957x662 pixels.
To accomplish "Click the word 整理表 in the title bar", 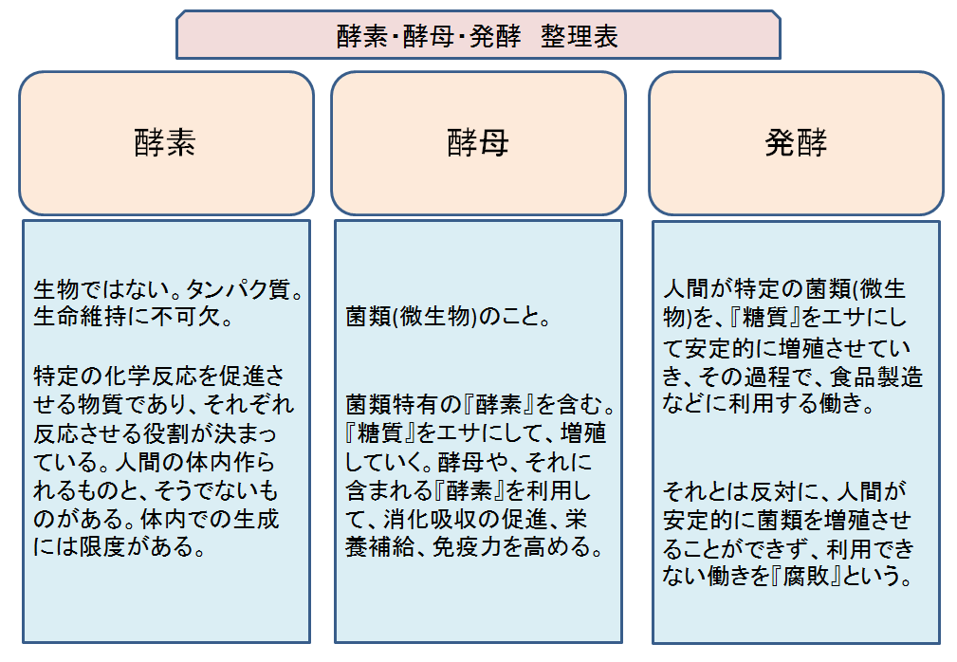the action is click(x=579, y=36).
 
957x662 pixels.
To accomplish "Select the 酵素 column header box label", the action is click(x=165, y=143).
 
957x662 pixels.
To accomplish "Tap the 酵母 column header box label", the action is click(x=478, y=143).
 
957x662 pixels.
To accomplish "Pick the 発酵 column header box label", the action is click(x=796, y=143).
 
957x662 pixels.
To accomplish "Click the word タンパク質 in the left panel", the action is click(x=238, y=288).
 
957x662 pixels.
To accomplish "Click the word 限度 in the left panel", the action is click(x=102, y=546).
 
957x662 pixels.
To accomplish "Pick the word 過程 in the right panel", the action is click(x=766, y=377).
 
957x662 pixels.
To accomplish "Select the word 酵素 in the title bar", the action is click(x=362, y=36).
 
